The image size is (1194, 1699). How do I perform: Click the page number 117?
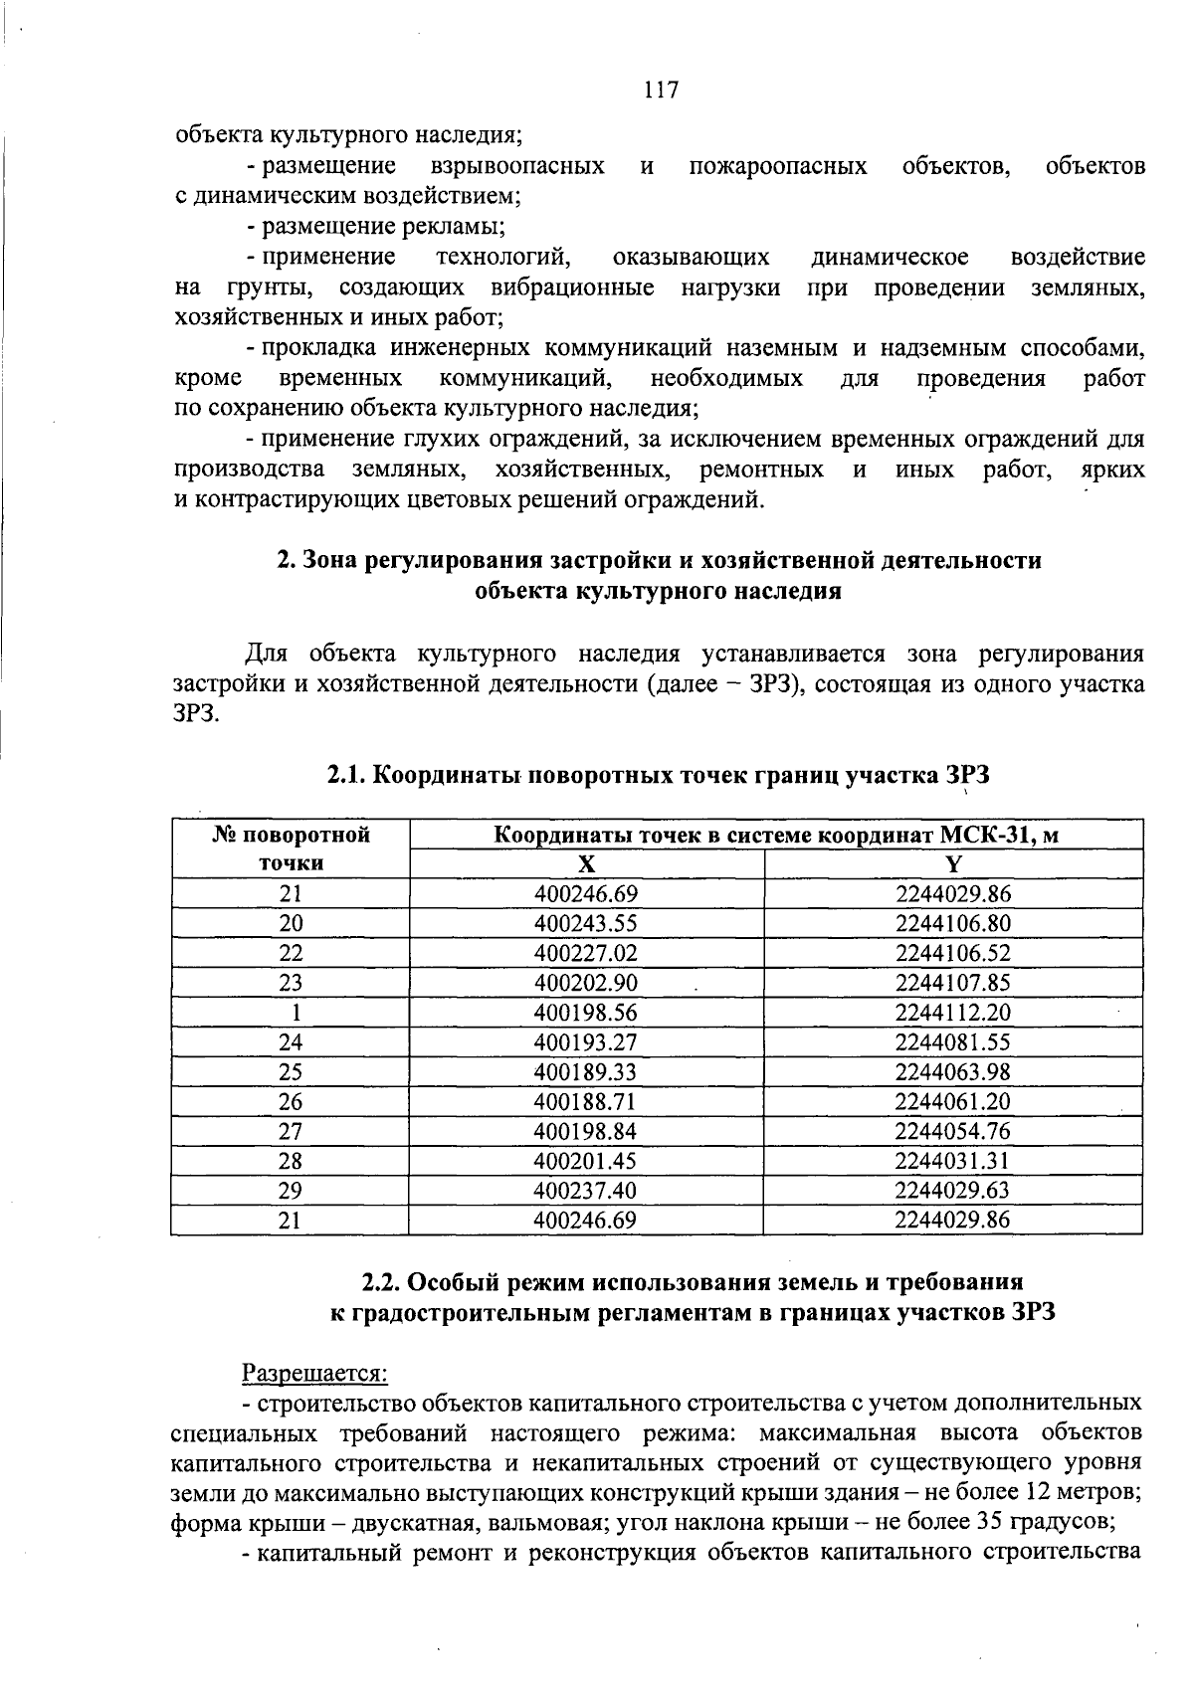click(661, 91)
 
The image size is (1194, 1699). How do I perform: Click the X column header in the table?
click(587, 863)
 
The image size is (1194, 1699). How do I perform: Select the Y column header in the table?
click(953, 863)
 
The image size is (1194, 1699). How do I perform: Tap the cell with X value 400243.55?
click(585, 923)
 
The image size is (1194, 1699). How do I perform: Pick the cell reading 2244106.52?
click(952, 953)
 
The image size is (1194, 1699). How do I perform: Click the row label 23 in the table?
click(291, 983)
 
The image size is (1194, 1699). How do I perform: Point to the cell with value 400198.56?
click(585, 1013)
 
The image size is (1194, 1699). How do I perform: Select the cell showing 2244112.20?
click(952, 1013)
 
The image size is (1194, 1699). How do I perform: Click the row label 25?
click(291, 1072)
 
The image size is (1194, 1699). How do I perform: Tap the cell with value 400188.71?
click(585, 1102)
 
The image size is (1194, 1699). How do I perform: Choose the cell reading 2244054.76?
click(952, 1131)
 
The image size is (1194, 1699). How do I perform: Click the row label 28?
click(291, 1161)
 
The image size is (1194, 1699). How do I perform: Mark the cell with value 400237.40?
click(585, 1191)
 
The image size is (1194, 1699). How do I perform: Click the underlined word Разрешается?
click(314, 1374)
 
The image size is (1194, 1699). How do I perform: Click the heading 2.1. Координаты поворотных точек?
click(659, 776)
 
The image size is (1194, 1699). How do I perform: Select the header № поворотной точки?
click(291, 849)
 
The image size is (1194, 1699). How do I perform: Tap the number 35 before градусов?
click(994, 1523)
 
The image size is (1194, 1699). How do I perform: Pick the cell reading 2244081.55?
click(952, 1042)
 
